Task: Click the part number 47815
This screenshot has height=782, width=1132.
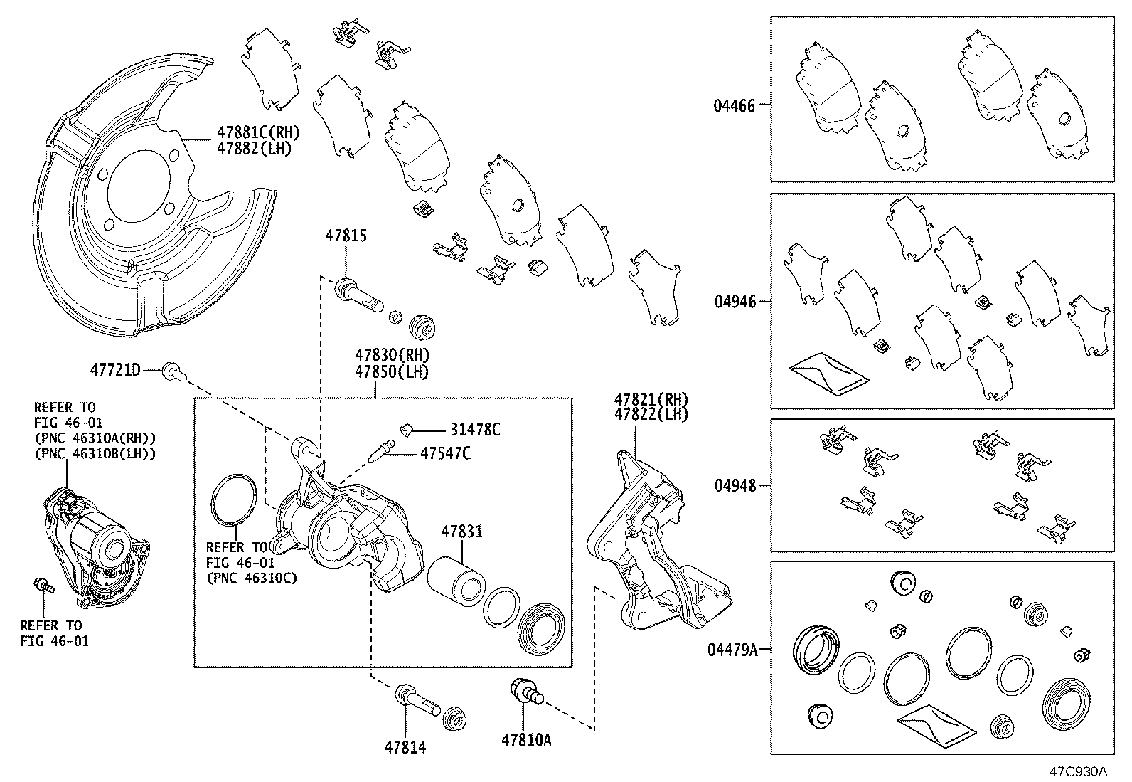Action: pos(346,236)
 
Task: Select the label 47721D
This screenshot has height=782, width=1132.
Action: pos(115,370)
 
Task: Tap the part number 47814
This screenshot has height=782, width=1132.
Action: pos(405,747)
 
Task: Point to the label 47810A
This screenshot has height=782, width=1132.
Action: pos(526,741)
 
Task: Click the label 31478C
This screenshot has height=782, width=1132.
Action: pos(475,430)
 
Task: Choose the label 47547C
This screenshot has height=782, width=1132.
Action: pos(445,453)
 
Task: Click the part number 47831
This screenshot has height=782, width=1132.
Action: pos(461,532)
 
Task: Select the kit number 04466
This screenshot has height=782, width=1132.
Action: pos(735,106)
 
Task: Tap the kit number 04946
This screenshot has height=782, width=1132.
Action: pos(735,302)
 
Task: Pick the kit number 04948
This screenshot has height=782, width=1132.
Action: pos(735,487)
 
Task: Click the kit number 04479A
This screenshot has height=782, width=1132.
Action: pos(732,649)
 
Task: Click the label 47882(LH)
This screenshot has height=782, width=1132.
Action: pos(253,149)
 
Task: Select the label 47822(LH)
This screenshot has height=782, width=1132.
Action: pos(651,415)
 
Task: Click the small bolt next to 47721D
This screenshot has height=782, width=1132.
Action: pos(171,371)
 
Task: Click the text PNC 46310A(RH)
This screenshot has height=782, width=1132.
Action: pos(95,438)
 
